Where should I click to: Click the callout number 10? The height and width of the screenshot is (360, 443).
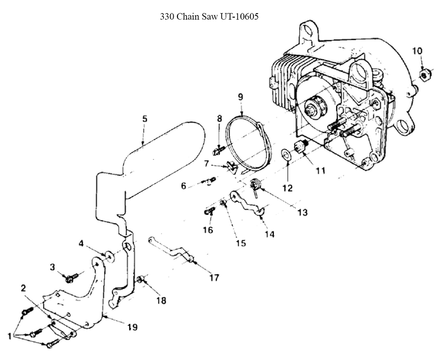417,50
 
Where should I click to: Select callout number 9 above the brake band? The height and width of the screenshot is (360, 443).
241,96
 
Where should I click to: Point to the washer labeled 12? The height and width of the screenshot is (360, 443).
286,154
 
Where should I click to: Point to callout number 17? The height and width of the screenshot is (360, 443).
214,278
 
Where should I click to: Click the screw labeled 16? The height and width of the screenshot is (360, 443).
209,211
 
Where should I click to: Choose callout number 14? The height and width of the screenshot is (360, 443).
269,234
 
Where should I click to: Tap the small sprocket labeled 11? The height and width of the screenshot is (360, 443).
301,145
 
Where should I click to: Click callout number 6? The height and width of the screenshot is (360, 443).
183,186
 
